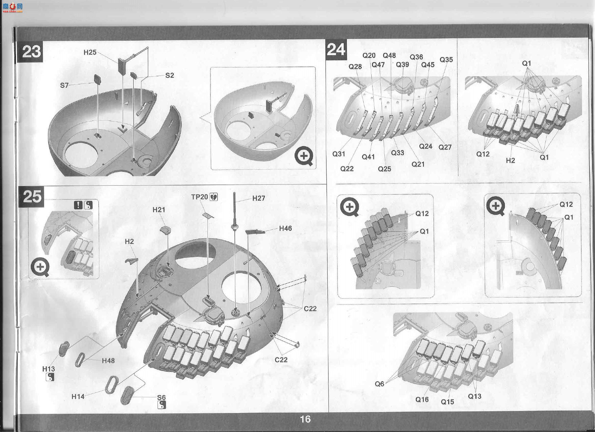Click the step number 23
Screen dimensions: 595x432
click(31, 52)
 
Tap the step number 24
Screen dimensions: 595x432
click(336, 49)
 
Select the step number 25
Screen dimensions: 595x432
click(32, 197)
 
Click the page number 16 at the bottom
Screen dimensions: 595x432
click(305, 419)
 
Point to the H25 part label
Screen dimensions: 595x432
click(90, 53)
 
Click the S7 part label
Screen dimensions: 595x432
click(64, 85)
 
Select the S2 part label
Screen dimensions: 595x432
click(170, 75)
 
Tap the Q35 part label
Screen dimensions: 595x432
click(446, 60)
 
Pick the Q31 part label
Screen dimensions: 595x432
click(339, 154)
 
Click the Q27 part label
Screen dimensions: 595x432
click(445, 147)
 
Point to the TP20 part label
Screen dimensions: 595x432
click(199, 197)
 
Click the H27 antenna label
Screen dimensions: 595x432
click(259, 198)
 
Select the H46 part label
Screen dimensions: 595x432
click(285, 228)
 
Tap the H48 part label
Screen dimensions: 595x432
click(108, 361)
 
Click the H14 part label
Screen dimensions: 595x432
click(78, 396)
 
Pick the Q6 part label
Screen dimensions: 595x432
click(379, 384)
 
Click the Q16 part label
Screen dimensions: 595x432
click(422, 399)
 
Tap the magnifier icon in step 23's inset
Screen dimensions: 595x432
click(304, 157)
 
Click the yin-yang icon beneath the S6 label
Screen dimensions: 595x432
click(162, 405)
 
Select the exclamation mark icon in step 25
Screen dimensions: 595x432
click(78, 205)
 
